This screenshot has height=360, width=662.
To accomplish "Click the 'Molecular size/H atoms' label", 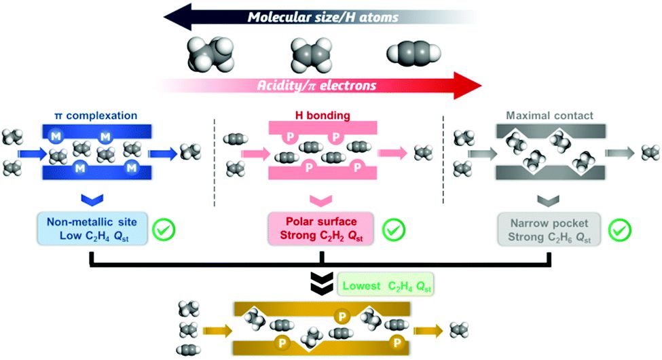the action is pos(323,17).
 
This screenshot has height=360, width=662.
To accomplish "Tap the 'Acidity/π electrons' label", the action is pos(316,86).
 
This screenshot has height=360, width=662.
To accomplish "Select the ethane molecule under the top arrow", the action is pos(210,54).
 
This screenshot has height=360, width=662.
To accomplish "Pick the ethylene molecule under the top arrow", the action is pos(312,54).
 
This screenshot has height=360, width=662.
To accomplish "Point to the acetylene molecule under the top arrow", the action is pos(413,54).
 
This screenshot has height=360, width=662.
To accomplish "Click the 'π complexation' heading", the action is pos(96,115).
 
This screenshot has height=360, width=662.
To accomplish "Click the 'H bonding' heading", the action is pos(323,115).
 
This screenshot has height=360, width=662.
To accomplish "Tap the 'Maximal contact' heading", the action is pos(550,115).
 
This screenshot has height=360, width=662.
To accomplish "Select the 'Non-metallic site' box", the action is pos(92,229).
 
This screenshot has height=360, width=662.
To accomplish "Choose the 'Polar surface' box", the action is pos(321,229).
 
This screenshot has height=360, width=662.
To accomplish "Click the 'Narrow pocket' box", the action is pos(549,230).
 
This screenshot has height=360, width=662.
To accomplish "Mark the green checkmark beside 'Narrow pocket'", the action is pos(620,230).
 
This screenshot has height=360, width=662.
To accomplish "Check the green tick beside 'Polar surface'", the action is pos(394,230).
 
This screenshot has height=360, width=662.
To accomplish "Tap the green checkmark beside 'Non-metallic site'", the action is pos(164,230).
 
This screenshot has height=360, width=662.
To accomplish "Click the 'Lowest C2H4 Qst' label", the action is pos(386,286).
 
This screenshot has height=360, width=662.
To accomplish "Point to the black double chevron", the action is pos(322,283).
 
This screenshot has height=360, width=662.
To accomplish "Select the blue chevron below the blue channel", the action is pos(92,200).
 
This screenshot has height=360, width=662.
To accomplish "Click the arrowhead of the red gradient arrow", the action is pos(468,86).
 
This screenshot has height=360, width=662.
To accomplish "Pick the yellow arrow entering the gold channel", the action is pos(217,330).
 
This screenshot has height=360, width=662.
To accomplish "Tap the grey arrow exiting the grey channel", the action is pos(620,153).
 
